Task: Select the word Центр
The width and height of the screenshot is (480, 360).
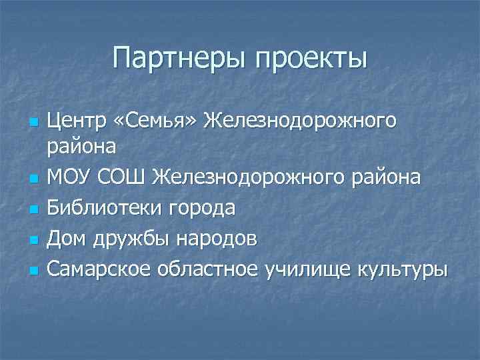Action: click(x=77, y=121)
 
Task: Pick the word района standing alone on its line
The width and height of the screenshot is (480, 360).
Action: click(x=82, y=146)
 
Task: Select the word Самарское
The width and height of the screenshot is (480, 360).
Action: click(x=98, y=271)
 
